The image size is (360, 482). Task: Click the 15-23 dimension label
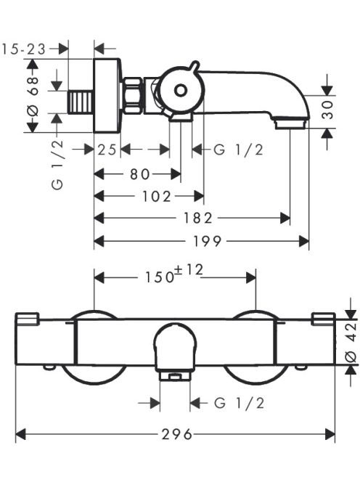24,49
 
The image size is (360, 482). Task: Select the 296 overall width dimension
176,434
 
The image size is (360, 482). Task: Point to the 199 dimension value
207,241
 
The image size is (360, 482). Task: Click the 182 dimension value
198,218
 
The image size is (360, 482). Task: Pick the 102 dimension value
157,196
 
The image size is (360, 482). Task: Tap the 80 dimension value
140,174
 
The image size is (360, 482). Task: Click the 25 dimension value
107,150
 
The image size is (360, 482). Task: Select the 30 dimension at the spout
328,110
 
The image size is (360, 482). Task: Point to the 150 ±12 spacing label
174,274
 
